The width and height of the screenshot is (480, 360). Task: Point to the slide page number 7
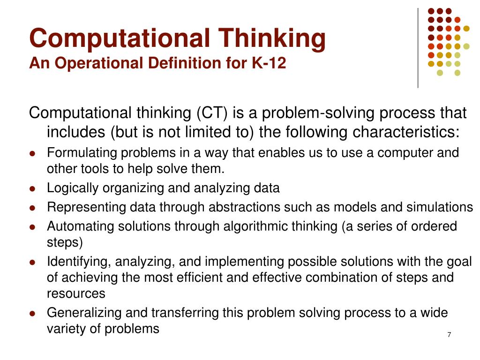(449, 335)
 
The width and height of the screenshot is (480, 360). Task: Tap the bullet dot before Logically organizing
(32, 189)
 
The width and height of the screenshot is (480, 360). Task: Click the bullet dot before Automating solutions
(32, 227)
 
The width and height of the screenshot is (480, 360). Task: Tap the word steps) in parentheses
(65, 242)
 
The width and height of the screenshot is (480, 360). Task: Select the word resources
(76, 293)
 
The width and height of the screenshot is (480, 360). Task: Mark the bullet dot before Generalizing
(32, 313)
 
